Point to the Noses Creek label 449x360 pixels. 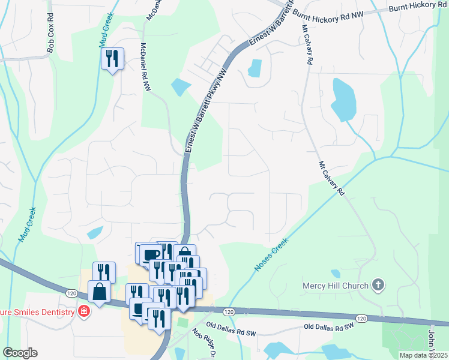(272, 254)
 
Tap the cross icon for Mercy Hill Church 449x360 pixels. (378, 284)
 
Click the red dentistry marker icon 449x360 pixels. (84, 311)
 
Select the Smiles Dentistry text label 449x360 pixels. (37, 311)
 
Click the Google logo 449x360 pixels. (20, 353)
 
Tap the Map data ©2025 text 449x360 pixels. (423, 355)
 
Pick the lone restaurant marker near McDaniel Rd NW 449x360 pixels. (112, 59)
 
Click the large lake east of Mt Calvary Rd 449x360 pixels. (341, 98)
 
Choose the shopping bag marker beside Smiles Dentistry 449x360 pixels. (99, 292)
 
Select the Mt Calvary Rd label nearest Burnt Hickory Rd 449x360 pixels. (307, 46)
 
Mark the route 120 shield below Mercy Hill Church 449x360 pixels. (360, 318)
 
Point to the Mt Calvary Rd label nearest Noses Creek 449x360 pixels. (331, 178)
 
